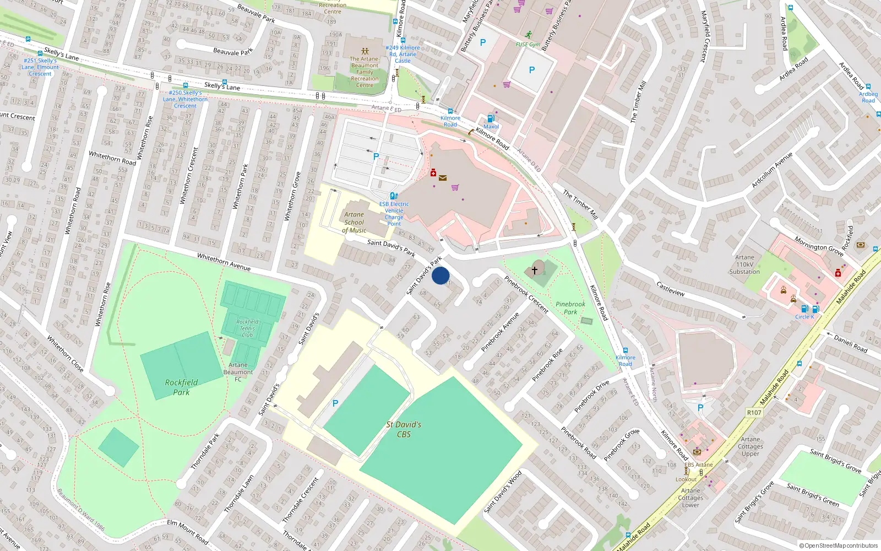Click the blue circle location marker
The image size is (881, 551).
point(440,275)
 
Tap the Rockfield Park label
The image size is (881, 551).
point(181,387)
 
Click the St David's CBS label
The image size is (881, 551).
point(404,429)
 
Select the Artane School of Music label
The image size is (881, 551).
point(354,223)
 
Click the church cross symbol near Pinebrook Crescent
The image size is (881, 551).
point(534,270)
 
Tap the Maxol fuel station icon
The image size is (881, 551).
point(491,118)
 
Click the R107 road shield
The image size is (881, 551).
point(754,413)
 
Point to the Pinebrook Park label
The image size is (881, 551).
point(570,307)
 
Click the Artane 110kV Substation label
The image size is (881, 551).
point(744,264)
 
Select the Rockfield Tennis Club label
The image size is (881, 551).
point(247,328)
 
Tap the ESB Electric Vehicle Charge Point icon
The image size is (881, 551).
point(394,196)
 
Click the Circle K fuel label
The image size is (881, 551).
point(804,317)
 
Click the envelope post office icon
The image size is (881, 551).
point(442,177)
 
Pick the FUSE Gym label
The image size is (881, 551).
point(527,45)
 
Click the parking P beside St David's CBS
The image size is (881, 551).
point(335,404)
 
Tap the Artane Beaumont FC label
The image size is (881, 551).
point(238,372)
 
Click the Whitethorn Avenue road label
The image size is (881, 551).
point(224,262)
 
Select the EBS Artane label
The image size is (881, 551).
point(698,464)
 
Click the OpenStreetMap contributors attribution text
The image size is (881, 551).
point(841,545)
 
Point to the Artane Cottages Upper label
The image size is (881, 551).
point(750,446)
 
